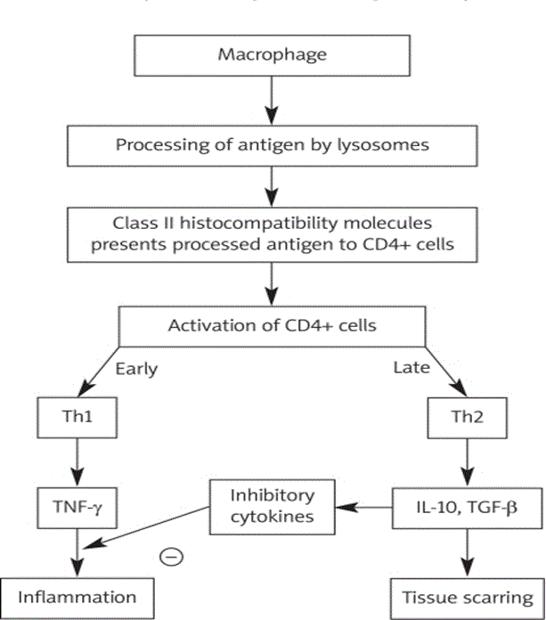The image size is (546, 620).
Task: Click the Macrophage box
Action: [x=273, y=55]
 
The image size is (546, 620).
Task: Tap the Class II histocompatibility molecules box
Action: [x=273, y=233]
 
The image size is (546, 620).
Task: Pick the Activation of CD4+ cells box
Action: [x=273, y=325]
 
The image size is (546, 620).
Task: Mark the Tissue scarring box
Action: [x=468, y=596]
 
